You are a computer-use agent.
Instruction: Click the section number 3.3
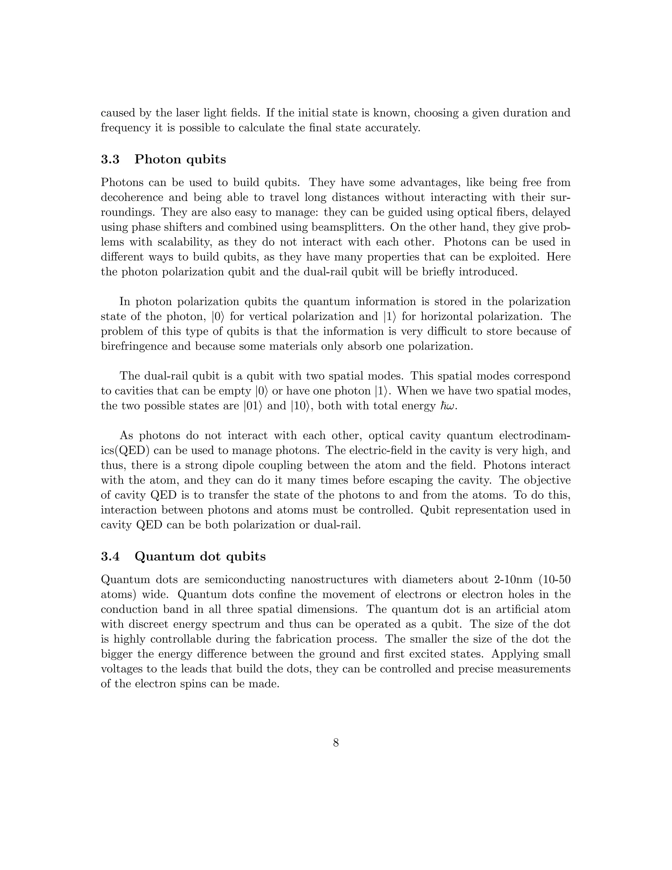click(x=110, y=159)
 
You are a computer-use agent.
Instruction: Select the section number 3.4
click(x=110, y=556)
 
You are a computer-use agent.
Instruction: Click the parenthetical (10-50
click(x=555, y=579)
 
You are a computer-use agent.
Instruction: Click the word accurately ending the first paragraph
click(x=392, y=128)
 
